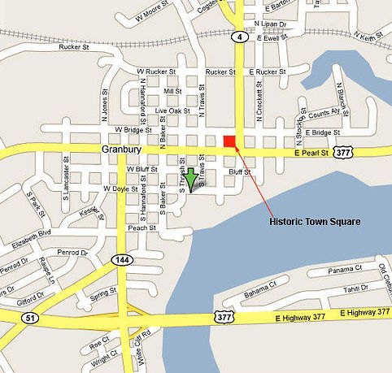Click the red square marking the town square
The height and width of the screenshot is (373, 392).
(229, 142)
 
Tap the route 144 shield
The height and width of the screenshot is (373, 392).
(120, 258)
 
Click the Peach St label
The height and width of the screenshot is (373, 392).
(142, 228)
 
